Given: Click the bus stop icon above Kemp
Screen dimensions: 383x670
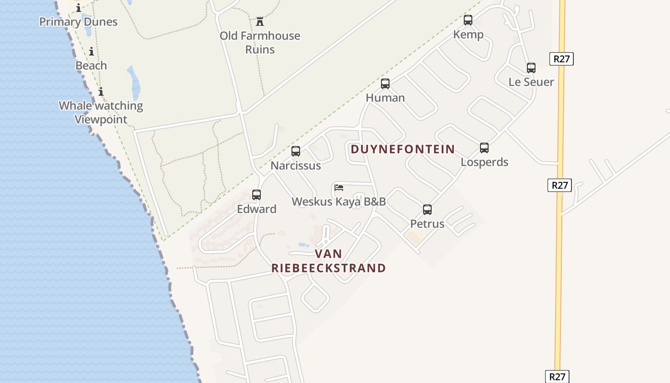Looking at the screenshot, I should [x=468, y=20].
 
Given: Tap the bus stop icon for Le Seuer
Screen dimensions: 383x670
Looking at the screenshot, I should [x=531, y=68].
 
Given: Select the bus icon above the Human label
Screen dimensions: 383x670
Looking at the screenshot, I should [x=385, y=84].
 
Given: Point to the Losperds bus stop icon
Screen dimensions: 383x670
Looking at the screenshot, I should [x=484, y=148].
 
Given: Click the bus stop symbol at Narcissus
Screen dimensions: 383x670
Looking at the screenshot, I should [x=296, y=152].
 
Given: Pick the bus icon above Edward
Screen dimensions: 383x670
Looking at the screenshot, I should [x=257, y=195].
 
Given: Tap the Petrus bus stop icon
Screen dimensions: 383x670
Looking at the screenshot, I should [x=427, y=210].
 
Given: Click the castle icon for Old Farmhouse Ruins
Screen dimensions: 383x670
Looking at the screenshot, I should [x=260, y=22].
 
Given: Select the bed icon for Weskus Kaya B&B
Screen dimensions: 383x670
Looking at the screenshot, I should [x=339, y=187].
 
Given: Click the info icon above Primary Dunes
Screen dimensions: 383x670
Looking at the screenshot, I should [x=78, y=8].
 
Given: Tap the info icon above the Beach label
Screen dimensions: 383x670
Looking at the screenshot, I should [x=91, y=52].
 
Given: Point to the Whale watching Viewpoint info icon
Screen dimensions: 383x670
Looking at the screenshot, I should [x=101, y=92].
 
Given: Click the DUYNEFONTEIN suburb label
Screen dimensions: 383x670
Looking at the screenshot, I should [x=402, y=149].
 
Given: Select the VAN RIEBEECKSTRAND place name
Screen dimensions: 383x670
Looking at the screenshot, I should [x=329, y=261].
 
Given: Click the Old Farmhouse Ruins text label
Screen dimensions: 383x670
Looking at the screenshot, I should [x=260, y=43].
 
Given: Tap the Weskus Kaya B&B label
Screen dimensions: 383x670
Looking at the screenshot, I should [x=339, y=202].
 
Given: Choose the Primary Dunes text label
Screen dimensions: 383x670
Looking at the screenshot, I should [x=78, y=22].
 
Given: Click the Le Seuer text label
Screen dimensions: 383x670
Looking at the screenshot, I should [x=531, y=82].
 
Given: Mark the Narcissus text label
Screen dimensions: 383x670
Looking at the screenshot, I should [x=296, y=166].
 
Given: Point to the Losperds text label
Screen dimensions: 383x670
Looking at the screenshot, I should [x=484, y=162].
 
